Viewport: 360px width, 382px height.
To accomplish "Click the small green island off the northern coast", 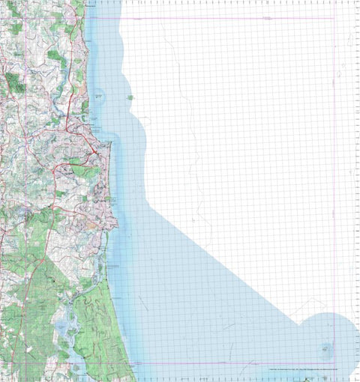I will pos(130,97).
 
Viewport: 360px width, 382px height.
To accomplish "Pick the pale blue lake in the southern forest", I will pos(59,330).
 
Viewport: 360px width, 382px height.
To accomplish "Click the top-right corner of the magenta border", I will pos(334,18).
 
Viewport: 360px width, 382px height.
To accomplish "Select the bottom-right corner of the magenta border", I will pos(334,364).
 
